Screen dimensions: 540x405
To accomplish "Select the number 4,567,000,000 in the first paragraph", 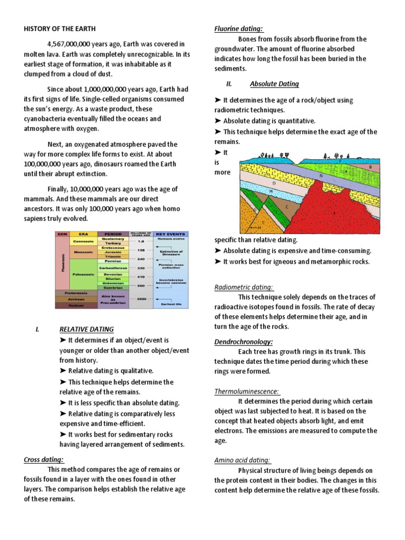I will pos(73,44).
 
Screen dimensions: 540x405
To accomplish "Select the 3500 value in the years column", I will pos(141,298).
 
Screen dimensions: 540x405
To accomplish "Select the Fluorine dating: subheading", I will pos(238,28).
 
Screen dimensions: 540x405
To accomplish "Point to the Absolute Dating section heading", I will pos(274,84).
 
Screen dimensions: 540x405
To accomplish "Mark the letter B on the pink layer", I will pos(370,168).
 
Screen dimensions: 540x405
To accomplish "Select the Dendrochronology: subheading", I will pos(243,342).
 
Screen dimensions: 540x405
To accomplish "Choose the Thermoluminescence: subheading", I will pos(246,391).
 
